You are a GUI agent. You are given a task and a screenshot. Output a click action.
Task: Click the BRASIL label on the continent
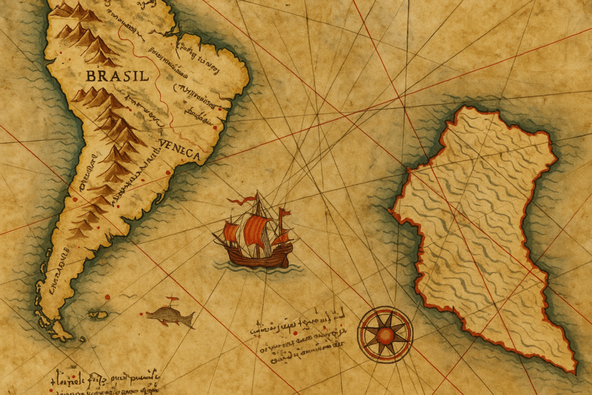117,76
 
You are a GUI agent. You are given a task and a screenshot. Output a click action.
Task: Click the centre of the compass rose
385,335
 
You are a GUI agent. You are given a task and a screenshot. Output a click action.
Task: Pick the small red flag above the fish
172,299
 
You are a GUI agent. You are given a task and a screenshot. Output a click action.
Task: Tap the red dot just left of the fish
108,297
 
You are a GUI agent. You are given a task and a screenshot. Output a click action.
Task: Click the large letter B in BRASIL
90,76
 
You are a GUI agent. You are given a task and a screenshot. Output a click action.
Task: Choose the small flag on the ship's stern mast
284,213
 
